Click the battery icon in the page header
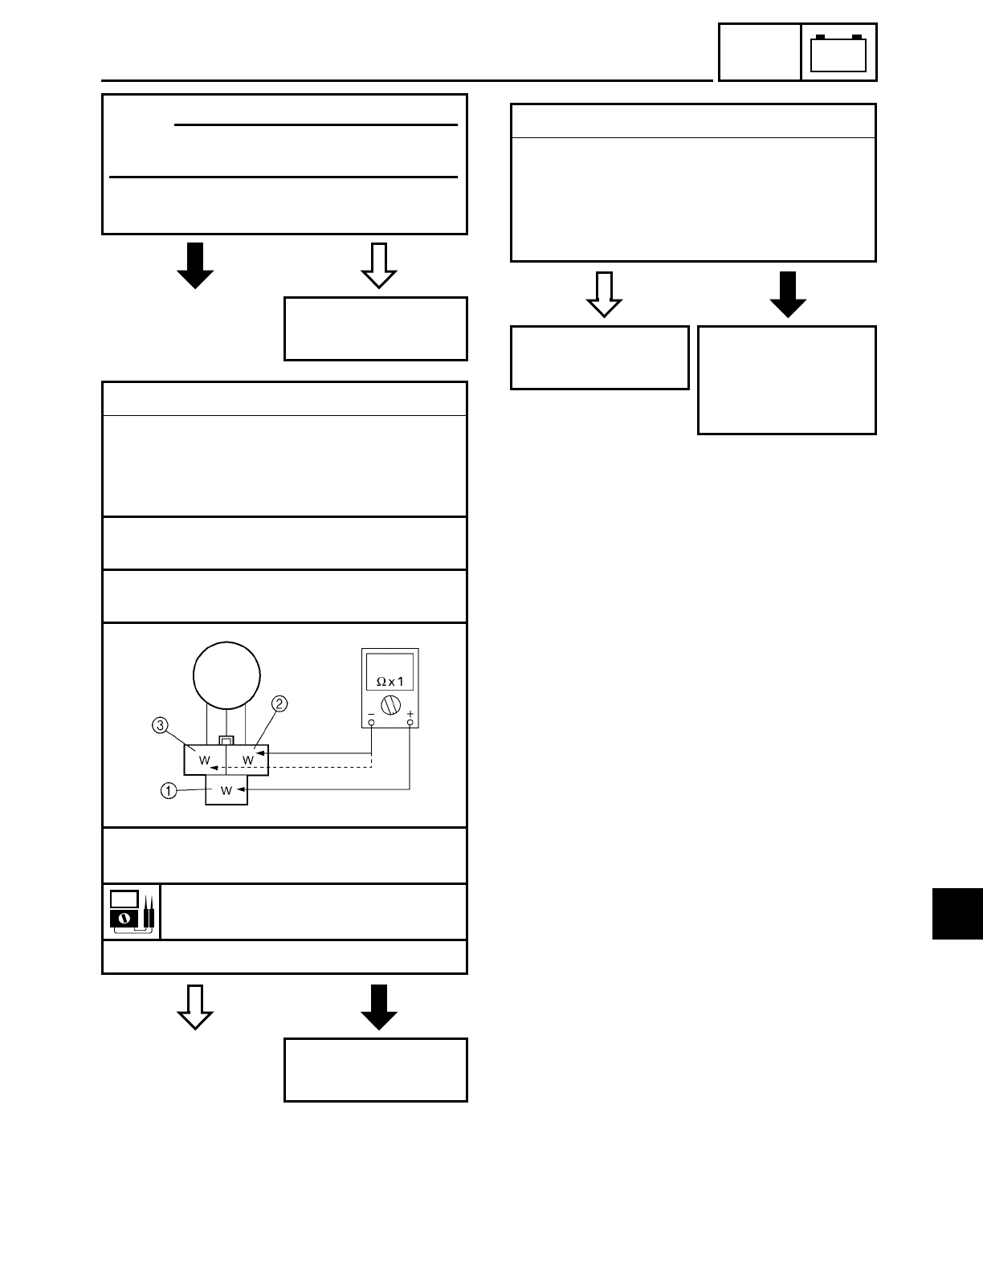click(838, 53)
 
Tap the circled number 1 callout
click(168, 791)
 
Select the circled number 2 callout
click(279, 704)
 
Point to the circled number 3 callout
click(161, 727)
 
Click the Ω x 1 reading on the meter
click(390, 681)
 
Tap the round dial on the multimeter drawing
click(390, 705)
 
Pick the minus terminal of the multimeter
click(371, 723)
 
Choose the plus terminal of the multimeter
click(410, 723)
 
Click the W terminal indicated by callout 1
click(226, 791)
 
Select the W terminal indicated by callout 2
click(248, 759)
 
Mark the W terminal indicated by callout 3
click(205, 760)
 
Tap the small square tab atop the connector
click(227, 740)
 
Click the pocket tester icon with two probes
click(132, 911)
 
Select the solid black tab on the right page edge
click(957, 913)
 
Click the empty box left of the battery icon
click(759, 53)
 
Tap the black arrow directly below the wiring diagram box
click(379, 1007)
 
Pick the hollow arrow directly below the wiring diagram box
click(195, 1007)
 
